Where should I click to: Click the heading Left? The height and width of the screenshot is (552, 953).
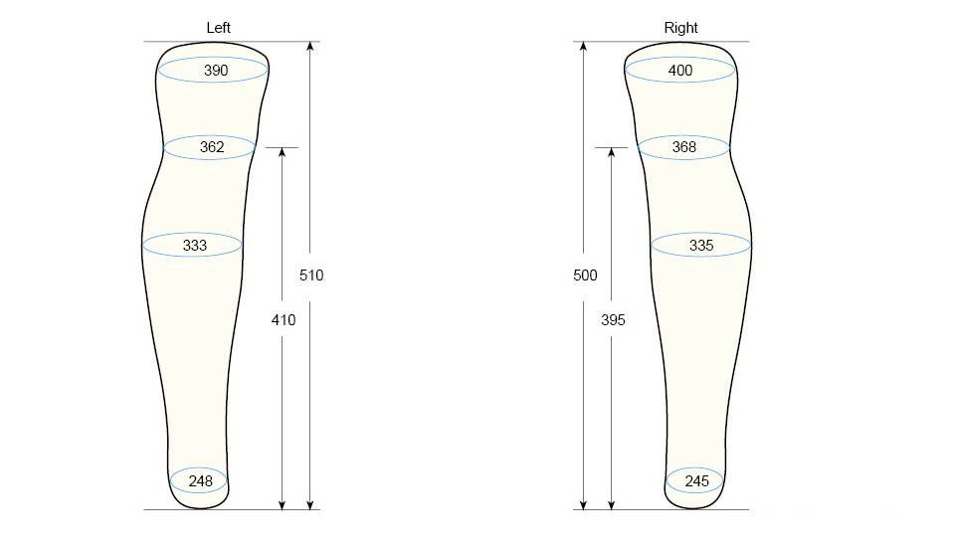[218, 28]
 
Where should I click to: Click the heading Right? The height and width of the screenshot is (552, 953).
[680, 28]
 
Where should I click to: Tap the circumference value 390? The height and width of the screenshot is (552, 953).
[216, 71]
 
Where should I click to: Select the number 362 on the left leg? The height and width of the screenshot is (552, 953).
[212, 147]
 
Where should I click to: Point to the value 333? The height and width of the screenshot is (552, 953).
[195, 246]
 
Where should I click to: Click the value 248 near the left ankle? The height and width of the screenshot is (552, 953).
[201, 481]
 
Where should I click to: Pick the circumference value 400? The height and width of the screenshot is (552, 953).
[680, 71]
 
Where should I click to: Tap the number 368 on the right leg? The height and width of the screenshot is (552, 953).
[683, 147]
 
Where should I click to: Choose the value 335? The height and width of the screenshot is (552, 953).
[701, 246]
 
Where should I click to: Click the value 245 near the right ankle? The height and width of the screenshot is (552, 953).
[696, 481]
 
